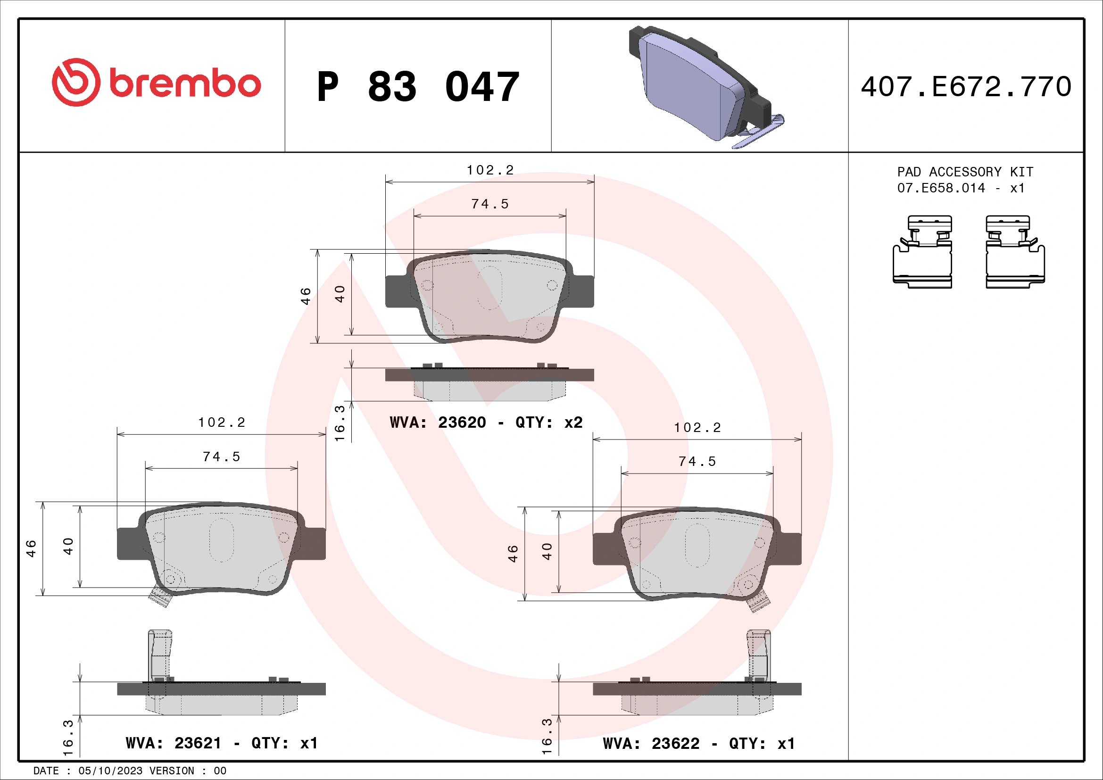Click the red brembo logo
click(156, 83)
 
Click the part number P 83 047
click(418, 87)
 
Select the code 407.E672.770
click(966, 87)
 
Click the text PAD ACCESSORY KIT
click(965, 172)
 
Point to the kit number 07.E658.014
click(941, 188)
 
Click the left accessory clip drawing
click(922, 252)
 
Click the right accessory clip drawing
click(1015, 252)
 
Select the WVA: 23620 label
click(438, 422)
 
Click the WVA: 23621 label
click(174, 743)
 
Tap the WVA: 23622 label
click(651, 744)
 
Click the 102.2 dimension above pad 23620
click(490, 170)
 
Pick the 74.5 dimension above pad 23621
click(221, 456)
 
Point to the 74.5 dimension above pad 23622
click(697, 462)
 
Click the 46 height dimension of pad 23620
click(306, 296)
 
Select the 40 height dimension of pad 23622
click(547, 551)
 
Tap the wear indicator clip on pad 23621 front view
click(160, 597)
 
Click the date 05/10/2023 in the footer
click(110, 771)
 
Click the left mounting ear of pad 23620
click(397, 291)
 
